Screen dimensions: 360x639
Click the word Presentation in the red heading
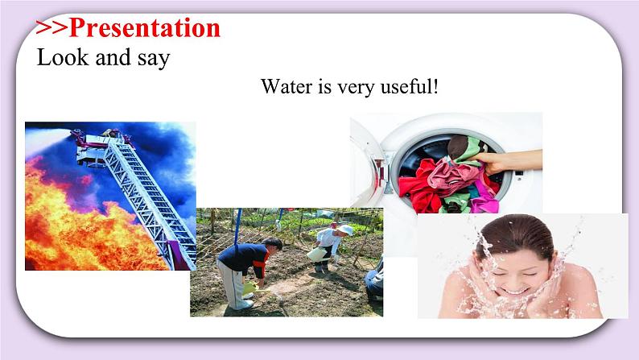[x=145, y=28]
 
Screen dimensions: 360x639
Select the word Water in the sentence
[x=284, y=86]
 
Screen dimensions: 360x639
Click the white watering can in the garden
[x=316, y=252]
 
